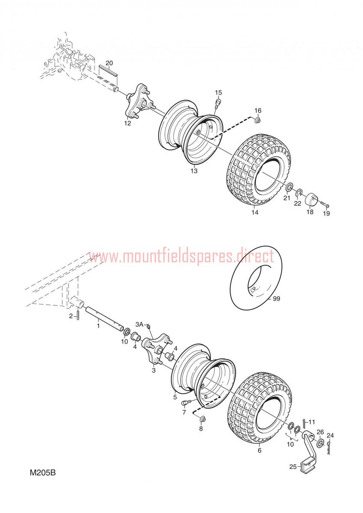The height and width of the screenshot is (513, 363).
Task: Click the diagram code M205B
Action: [43, 472]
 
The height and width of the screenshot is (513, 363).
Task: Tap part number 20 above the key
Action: [109, 63]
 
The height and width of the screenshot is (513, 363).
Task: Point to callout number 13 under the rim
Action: [194, 171]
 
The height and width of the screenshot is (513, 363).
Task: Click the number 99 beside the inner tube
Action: [277, 299]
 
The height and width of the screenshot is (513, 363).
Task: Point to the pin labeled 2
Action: [78, 316]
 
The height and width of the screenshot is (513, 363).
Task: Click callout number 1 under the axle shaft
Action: [98, 325]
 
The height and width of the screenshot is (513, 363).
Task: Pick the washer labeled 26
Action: [320, 443]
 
